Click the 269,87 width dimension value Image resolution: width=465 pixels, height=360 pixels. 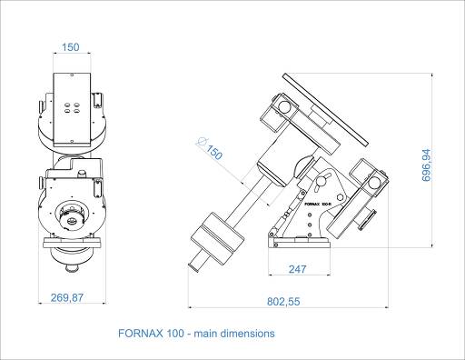point(66,297)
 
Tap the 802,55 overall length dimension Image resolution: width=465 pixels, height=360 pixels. point(283,302)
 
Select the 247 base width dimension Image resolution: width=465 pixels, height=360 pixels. point(297,269)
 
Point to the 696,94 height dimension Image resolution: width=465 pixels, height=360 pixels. point(426,165)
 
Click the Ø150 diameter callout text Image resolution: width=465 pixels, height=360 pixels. point(210,148)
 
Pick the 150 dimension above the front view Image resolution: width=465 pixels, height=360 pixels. point(71,47)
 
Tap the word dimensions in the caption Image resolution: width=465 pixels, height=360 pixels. point(247,334)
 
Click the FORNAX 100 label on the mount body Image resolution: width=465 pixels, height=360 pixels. point(318,204)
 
